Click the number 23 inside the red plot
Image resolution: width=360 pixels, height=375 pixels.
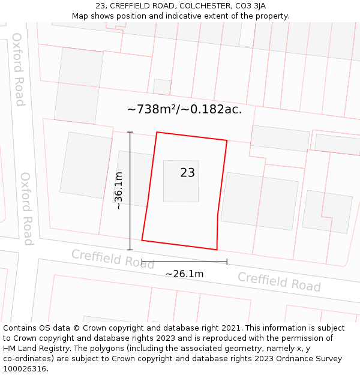187,173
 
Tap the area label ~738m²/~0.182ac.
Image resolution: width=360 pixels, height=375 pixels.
184,109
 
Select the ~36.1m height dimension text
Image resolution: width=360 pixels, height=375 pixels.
119,190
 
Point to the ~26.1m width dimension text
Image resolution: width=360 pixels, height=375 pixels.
184,274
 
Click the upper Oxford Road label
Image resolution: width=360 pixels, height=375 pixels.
19,69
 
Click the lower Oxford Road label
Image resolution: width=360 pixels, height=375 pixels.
27,208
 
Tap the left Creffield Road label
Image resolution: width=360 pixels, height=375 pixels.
113,259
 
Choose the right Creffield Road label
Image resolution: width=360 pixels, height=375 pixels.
279,281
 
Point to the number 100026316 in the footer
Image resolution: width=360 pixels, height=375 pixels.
25,368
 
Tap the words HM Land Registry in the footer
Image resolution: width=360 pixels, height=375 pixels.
35,348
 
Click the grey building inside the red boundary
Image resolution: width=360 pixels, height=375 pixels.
181,181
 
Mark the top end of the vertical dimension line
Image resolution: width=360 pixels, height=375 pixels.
130,132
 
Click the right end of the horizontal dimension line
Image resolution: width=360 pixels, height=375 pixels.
227,262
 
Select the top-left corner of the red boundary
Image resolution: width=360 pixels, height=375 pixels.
157,133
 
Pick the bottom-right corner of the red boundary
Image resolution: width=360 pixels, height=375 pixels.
217,250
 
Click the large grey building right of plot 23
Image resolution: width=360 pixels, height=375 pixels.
259,201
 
